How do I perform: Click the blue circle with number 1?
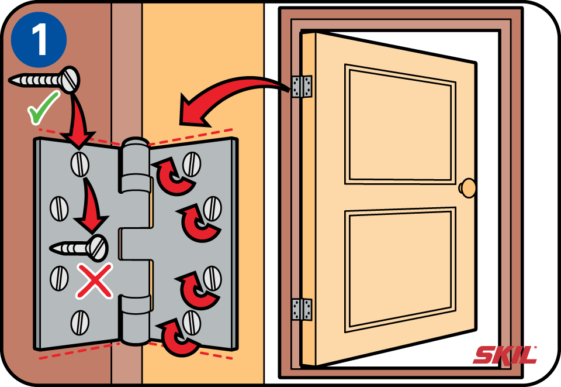tap(39, 39)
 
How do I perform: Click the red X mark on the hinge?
tap(94, 281)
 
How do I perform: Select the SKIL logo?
tap(505, 355)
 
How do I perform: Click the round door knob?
tap(467, 188)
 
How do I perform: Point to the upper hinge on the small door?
tap(302, 87)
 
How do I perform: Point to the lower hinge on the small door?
tap(302, 309)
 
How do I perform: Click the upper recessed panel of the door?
tap(400, 125)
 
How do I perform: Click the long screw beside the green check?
tap(44, 79)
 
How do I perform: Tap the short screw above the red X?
tap(79, 248)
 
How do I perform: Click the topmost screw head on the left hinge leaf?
tap(80, 164)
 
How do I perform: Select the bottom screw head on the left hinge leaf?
tap(80, 323)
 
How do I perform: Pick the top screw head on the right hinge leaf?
tap(192, 164)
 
